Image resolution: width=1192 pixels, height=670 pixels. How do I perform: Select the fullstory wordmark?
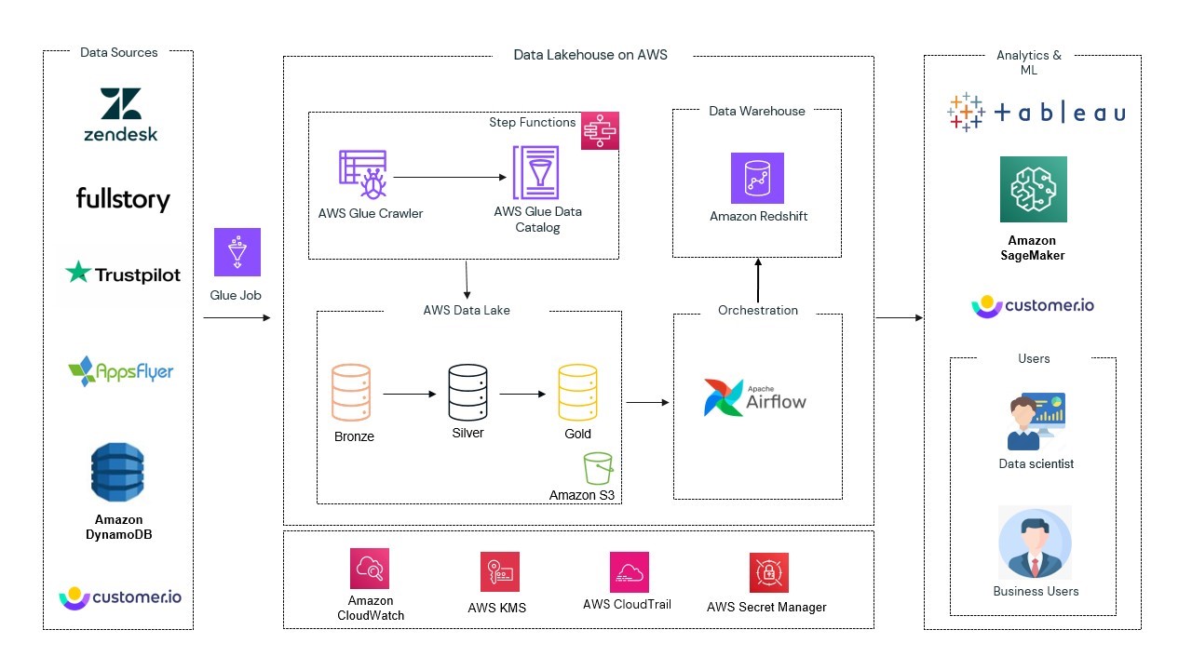pyautogui.click(x=123, y=199)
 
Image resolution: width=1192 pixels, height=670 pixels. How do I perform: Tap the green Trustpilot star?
pyautogui.click(x=78, y=273)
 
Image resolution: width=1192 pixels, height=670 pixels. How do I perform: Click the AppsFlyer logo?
pyautogui.click(x=121, y=370)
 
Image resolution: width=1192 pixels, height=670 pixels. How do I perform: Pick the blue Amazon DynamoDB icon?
pyautogui.click(x=117, y=474)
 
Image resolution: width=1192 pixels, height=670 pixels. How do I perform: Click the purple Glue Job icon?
pyautogui.click(x=237, y=252)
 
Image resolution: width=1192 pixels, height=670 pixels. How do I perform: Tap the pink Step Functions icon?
pyautogui.click(x=600, y=130)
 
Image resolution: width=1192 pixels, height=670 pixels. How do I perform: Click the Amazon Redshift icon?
pyautogui.click(x=757, y=178)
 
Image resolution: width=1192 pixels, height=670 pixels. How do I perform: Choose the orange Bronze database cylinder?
pyautogui.click(x=351, y=394)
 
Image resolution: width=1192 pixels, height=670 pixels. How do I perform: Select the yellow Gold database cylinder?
pyautogui.click(x=577, y=394)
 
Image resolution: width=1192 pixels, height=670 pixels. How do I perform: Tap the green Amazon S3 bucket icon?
pyautogui.click(x=598, y=468)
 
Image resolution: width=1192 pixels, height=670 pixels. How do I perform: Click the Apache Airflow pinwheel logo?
pyautogui.click(x=723, y=397)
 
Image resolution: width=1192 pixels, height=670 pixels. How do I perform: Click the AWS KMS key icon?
pyautogui.click(x=500, y=571)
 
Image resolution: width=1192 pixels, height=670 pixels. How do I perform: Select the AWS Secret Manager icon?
pyautogui.click(x=768, y=572)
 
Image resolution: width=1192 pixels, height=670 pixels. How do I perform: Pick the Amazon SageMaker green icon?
pyautogui.click(x=1033, y=189)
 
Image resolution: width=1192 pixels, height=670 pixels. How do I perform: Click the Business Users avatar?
pyautogui.click(x=1035, y=543)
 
